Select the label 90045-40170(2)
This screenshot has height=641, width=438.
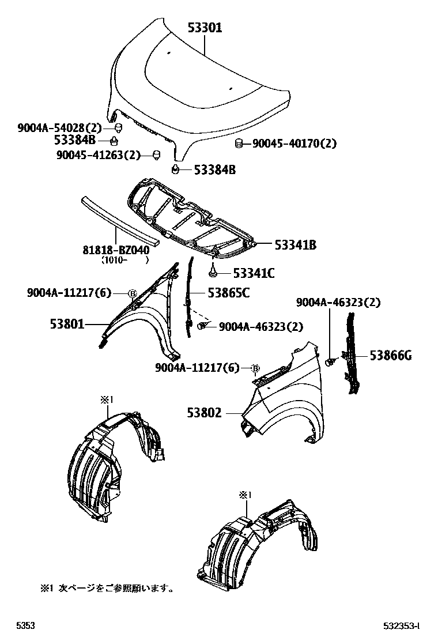pyautogui.click(x=294, y=144)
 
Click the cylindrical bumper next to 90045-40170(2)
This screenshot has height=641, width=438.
pyautogui.click(x=240, y=144)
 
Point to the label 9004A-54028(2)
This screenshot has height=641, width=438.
pyautogui.click(x=59, y=128)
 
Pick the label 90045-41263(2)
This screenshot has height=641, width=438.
pyautogui.click(x=99, y=154)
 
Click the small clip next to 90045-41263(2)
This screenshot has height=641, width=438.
pyautogui.click(x=155, y=154)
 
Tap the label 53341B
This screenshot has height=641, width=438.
pyautogui.click(x=296, y=246)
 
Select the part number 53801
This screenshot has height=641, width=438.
pyautogui.click(x=67, y=325)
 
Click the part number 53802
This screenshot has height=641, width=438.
pyautogui.click(x=205, y=413)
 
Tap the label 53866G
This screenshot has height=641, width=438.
pyautogui.click(x=390, y=356)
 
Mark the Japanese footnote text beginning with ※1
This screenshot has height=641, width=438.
pyautogui.click(x=107, y=589)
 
